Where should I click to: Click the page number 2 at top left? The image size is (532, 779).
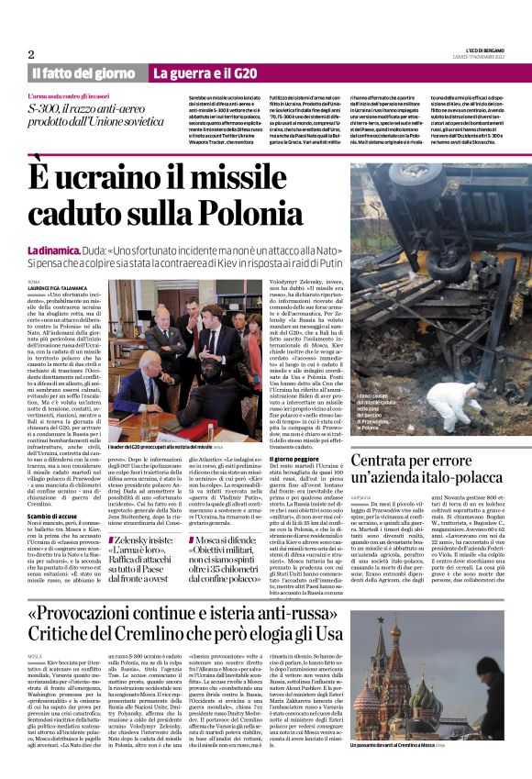pos(31,54)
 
